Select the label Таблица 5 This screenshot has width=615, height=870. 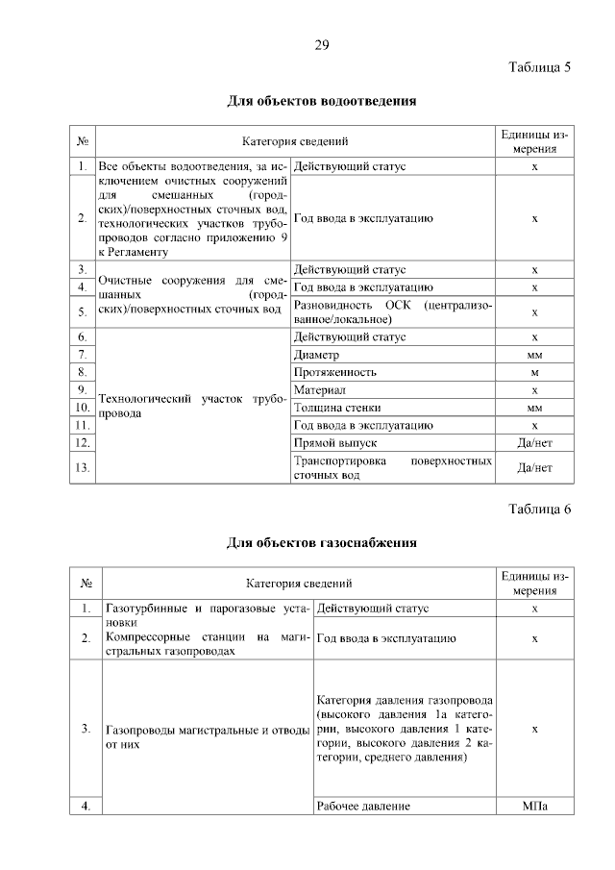point(539,66)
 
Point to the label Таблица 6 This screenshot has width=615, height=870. point(539,509)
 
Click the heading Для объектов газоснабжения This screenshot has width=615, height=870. point(321,542)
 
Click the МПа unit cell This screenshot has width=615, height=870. point(534,806)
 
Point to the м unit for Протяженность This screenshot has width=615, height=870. point(534,372)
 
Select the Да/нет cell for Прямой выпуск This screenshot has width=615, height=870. point(534,443)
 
